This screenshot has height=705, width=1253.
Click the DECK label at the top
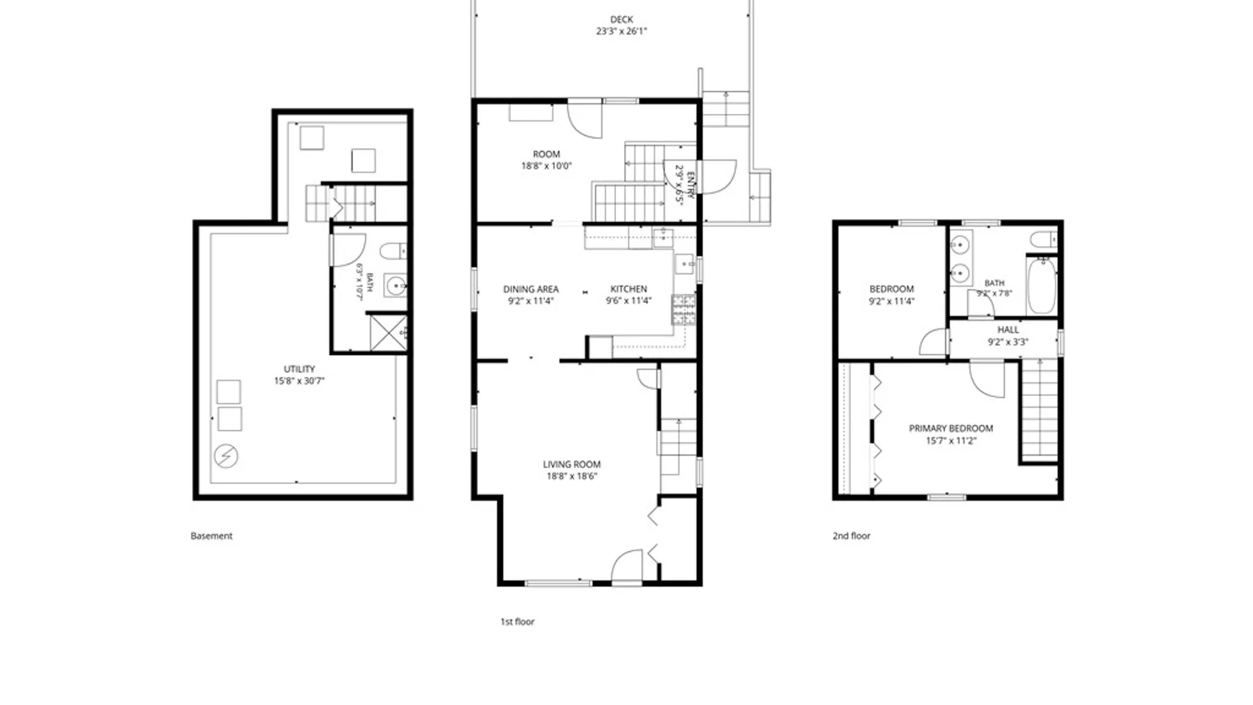(x=621, y=20)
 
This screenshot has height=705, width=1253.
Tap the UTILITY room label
(x=299, y=369)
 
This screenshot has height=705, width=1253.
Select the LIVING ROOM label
(x=572, y=464)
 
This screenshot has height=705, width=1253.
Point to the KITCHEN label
(x=628, y=289)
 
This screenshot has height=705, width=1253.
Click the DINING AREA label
(x=531, y=289)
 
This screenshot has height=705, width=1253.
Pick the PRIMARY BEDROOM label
(x=951, y=428)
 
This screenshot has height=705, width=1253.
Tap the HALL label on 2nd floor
(x=1008, y=330)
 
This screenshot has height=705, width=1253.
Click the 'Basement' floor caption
(x=211, y=535)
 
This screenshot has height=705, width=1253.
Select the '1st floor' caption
(x=518, y=621)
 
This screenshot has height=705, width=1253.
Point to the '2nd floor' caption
(x=852, y=535)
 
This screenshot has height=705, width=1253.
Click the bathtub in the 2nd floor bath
(x=1042, y=286)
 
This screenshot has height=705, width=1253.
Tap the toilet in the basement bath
(x=394, y=251)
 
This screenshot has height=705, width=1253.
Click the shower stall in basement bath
(x=388, y=333)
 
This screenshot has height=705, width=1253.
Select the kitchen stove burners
(x=683, y=309)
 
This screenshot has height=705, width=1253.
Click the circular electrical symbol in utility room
(x=226, y=456)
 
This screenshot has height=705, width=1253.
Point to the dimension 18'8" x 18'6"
(x=572, y=476)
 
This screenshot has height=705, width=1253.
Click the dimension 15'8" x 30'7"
(x=299, y=381)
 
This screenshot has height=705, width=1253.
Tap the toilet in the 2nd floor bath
(x=1044, y=239)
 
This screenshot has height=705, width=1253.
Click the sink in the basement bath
(x=395, y=285)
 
